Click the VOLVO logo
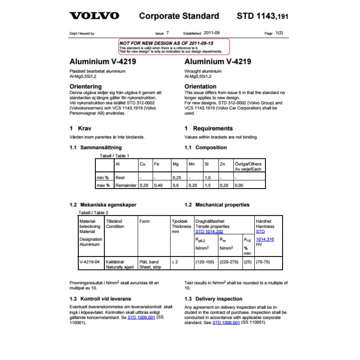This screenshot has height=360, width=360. tap(94, 16)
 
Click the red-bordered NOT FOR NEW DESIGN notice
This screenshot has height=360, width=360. tap(174, 47)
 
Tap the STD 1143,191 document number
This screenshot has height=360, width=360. tap(262, 16)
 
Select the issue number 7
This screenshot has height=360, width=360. tap(168, 33)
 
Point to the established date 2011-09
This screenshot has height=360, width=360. tap(212, 33)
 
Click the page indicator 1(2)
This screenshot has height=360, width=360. tap(279, 33)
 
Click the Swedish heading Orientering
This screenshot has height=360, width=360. tap(85, 86)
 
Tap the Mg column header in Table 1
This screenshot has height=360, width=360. tap(175, 164)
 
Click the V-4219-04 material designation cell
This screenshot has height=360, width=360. tap(89, 261)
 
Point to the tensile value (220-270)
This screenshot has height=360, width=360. tap(229, 261)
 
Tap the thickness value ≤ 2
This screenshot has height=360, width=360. tap(175, 261)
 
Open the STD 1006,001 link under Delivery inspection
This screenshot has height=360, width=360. tap(226, 323)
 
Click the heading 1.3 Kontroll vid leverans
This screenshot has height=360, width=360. tap(100, 299)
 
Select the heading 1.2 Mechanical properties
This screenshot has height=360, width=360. tap(217, 205)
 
